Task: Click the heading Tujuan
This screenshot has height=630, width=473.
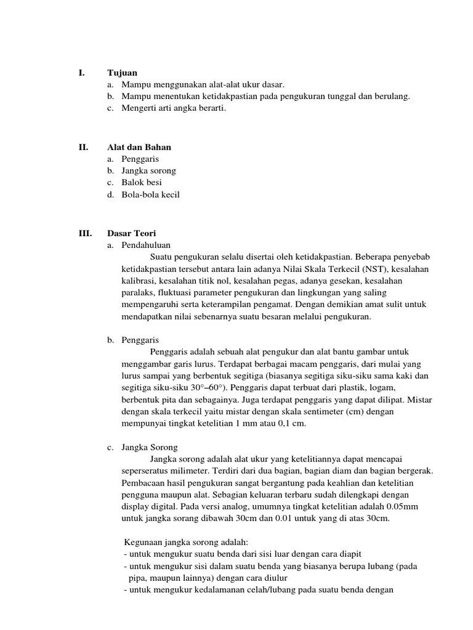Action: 122,73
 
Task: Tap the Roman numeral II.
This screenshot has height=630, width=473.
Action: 83,147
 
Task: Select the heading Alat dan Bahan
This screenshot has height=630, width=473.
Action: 139,147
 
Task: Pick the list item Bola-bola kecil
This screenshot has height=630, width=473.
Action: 150,194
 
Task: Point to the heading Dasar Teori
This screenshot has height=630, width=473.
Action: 132,233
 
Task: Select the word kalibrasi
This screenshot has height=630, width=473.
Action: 139,281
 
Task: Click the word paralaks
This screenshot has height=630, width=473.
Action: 138,293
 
